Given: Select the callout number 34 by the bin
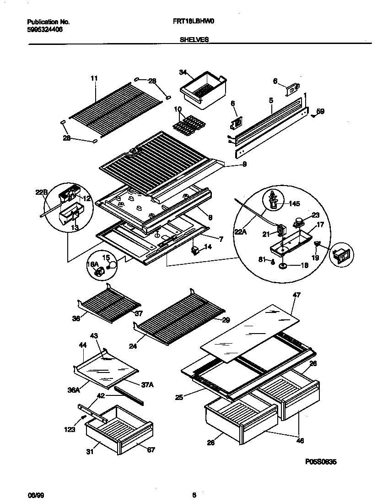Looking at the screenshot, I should [183, 72].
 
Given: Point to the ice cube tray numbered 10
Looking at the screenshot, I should [188, 125].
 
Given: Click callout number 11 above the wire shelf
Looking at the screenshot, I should [94, 78].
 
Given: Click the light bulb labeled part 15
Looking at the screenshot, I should [112, 264].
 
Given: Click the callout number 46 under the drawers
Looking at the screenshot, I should [300, 441].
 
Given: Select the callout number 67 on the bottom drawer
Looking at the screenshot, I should [151, 450].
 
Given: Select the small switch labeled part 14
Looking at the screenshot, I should [196, 250].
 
